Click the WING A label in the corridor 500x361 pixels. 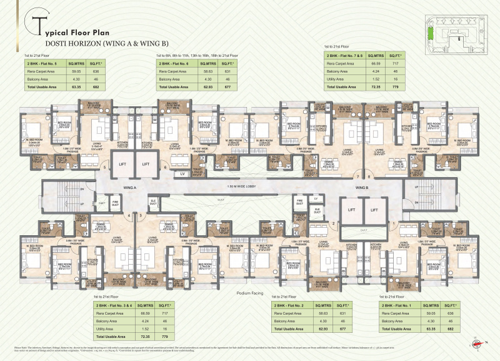coord(130,187)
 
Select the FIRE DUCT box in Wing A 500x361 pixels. coord(115,203)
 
